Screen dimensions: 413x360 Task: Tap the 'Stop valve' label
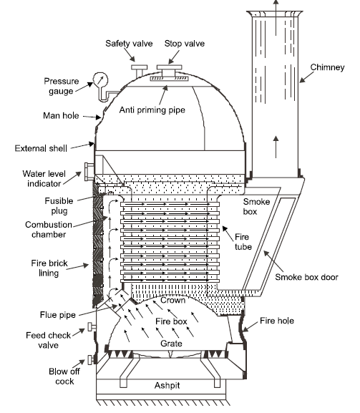184,44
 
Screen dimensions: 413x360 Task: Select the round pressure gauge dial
97,83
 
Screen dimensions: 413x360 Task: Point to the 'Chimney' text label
327,68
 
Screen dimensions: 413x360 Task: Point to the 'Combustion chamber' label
49,229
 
